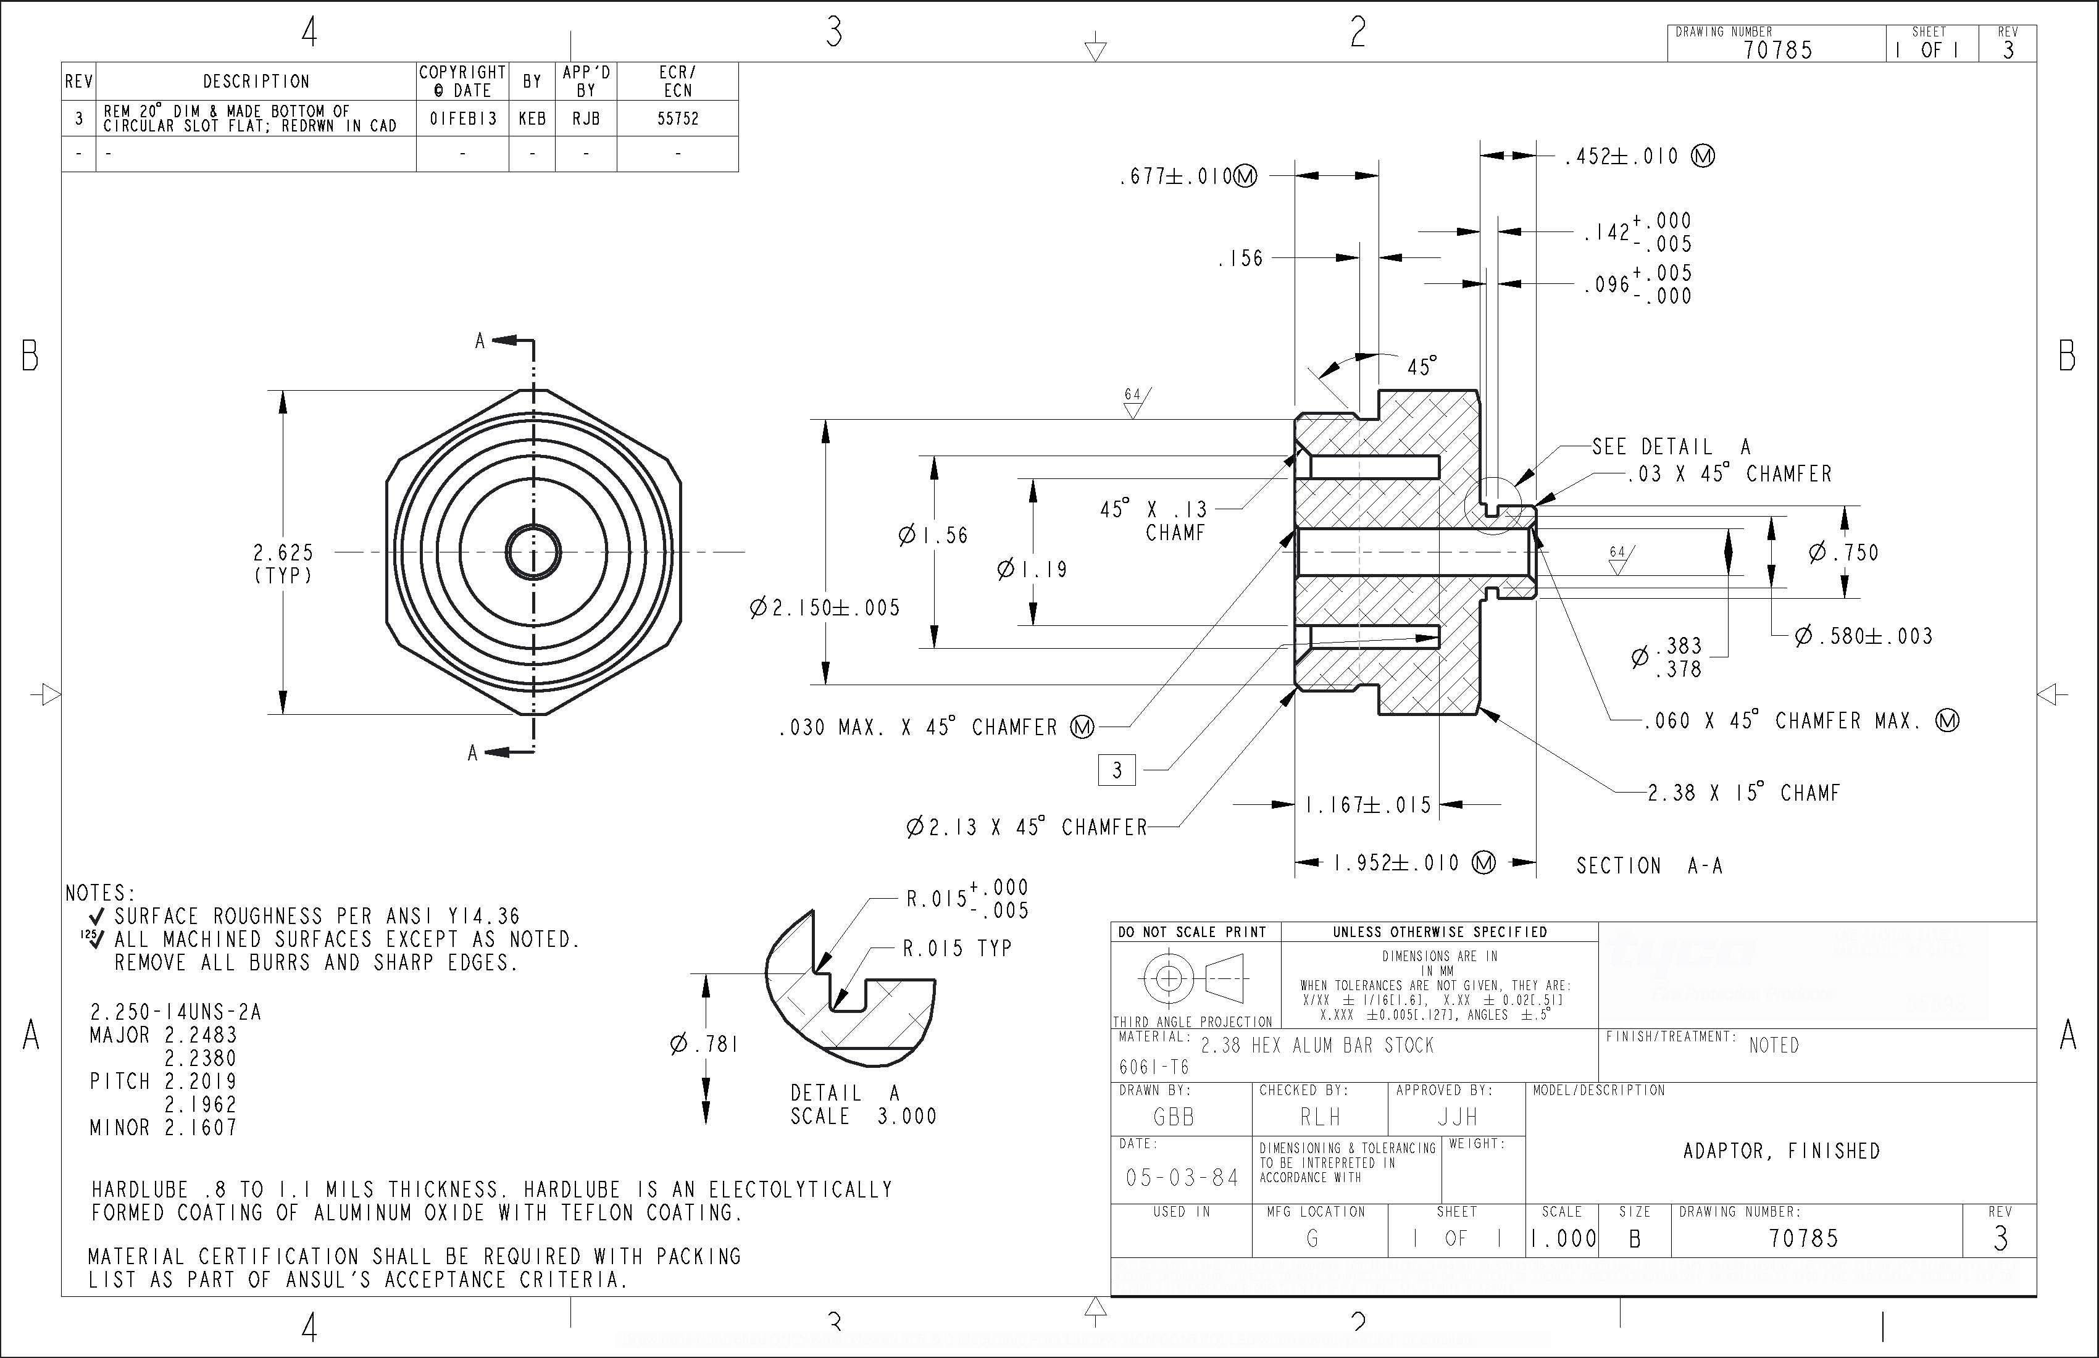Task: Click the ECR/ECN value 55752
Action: [x=677, y=118]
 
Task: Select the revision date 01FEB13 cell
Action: [x=463, y=118]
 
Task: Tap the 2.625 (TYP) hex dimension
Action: [x=283, y=564]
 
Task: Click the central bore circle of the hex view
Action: [x=533, y=552]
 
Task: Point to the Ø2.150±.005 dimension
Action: [x=825, y=607]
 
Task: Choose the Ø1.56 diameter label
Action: [x=933, y=535]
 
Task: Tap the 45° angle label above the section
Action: [x=1421, y=367]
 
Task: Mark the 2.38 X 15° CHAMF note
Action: [x=1743, y=793]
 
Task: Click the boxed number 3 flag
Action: [x=1117, y=770]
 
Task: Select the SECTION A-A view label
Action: [x=1649, y=866]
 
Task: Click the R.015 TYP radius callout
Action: [x=957, y=949]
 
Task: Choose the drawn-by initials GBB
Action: [x=1174, y=1117]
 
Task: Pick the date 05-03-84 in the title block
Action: [x=1182, y=1177]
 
